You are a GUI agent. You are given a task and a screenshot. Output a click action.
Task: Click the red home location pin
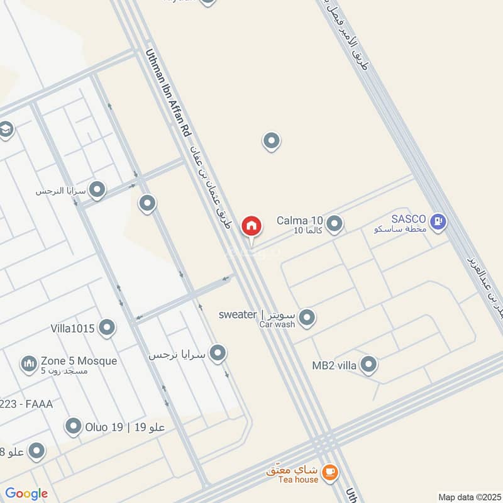pyautogui.click(x=251, y=225)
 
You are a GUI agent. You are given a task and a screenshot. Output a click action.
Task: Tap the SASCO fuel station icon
pyautogui.click(x=439, y=221)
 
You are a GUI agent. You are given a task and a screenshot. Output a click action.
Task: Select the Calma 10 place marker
pyautogui.click(x=334, y=223)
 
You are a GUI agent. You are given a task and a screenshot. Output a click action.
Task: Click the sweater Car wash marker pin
pyautogui.click(x=307, y=318)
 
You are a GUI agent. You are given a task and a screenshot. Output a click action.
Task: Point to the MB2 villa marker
pyautogui.click(x=368, y=364)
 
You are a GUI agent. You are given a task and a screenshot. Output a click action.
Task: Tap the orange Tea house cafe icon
pyautogui.click(x=328, y=471)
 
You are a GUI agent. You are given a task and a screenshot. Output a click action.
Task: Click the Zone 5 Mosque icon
pyautogui.click(x=29, y=363)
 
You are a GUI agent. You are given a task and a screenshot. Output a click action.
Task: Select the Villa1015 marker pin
pyautogui.click(x=108, y=327)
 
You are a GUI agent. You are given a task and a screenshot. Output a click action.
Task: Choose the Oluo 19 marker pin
pyautogui.click(x=74, y=427)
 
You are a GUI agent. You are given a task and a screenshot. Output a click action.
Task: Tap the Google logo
pyautogui.click(x=26, y=494)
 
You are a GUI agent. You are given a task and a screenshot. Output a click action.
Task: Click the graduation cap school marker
pyautogui.click(x=6, y=130)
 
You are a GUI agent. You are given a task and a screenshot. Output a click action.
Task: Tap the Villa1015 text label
pyautogui.click(x=72, y=328)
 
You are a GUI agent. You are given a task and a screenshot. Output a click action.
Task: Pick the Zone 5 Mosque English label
pyautogui.click(x=79, y=361)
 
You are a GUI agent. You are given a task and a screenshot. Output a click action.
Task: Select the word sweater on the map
pyautogui.click(x=238, y=314)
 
